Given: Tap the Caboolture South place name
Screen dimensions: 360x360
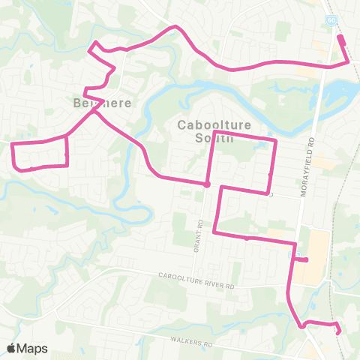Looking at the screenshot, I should [x=205, y=130].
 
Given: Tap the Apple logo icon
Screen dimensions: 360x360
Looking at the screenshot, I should [x=11, y=348].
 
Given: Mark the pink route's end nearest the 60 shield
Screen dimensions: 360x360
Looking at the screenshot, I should [x=340, y=36].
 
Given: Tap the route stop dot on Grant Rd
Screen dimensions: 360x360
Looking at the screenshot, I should [x=206, y=184].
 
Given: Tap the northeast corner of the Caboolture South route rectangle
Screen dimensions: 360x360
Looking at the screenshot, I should [x=276, y=140].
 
